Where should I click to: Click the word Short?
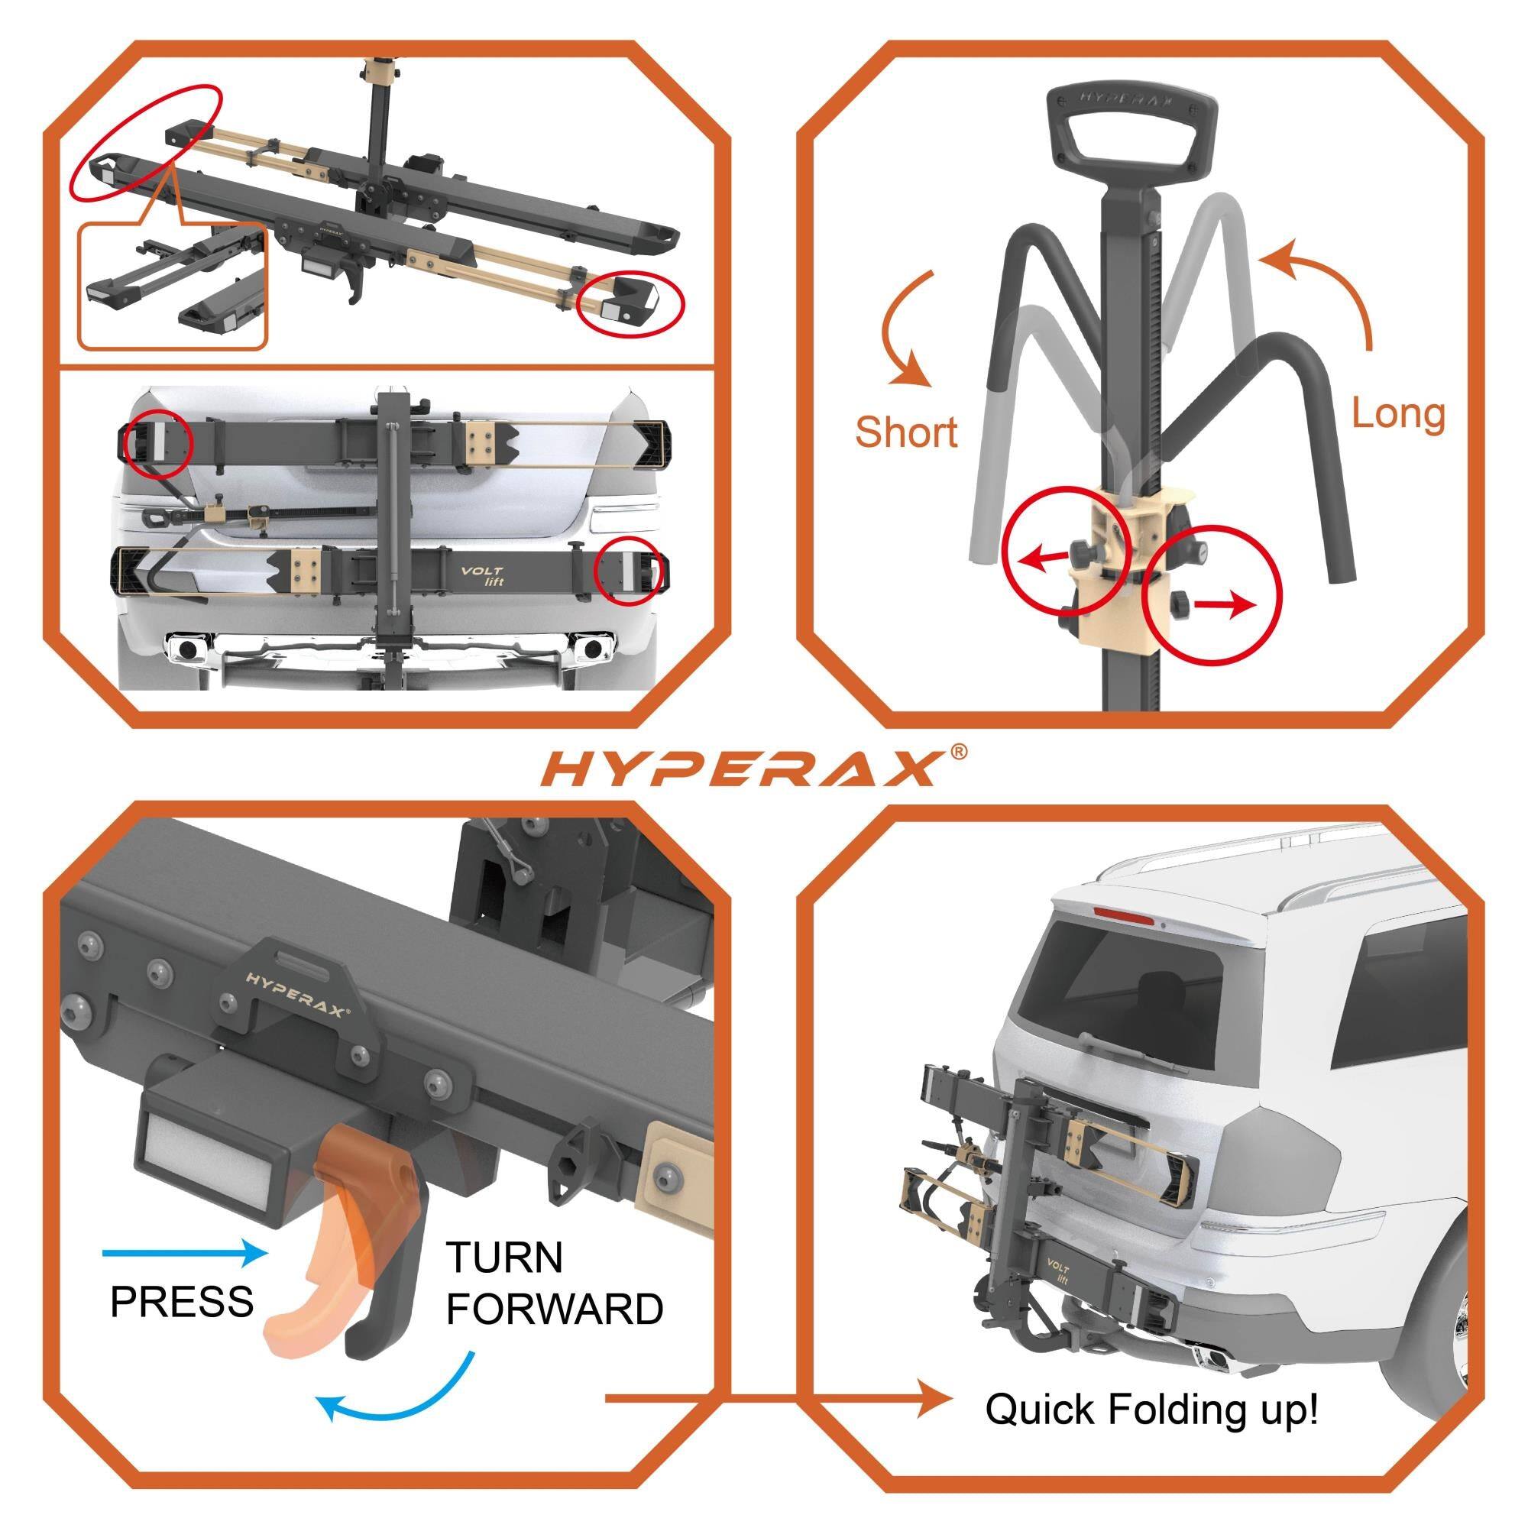click(x=905, y=432)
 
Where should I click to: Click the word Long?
click(x=1397, y=413)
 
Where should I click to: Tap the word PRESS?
click(x=182, y=1301)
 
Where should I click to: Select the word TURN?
click(x=504, y=1257)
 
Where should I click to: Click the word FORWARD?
click(x=555, y=1309)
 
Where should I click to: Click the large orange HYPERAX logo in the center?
click(x=746, y=769)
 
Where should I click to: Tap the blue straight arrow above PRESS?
click(x=186, y=1252)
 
